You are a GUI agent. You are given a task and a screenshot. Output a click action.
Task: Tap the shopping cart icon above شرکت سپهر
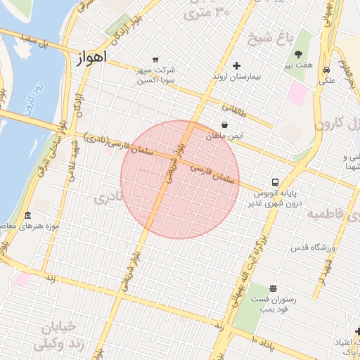coord(155,60)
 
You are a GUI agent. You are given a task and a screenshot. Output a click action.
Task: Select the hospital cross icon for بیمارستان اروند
coord(236,65)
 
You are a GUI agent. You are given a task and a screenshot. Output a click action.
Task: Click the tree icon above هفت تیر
coord(299,54)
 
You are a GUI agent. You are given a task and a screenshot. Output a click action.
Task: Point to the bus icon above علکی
coord(327,70)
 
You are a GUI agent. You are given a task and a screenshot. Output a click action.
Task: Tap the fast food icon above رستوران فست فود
coord(273,288)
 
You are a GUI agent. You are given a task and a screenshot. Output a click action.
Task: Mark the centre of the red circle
coord(180,179)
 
